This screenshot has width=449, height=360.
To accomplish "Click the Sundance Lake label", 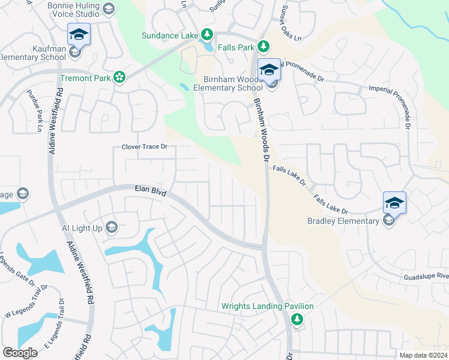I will click(169, 35).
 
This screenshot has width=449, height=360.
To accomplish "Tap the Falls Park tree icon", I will click(263, 46).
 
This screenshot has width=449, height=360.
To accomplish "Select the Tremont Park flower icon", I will click(119, 77).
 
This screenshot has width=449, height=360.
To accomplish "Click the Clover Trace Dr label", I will click(144, 146).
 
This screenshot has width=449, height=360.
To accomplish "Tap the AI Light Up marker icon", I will click(111, 227).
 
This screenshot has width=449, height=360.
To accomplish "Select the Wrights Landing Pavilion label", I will click(268, 306).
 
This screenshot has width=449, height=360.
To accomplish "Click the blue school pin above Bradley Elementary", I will click(395, 203).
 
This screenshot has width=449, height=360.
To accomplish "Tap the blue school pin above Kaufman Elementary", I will click(79, 34).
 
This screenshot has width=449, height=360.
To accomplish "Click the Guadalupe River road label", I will click(426, 275).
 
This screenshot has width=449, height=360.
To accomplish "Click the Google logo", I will click(20, 353).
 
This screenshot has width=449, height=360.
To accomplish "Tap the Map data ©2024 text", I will click(423, 355).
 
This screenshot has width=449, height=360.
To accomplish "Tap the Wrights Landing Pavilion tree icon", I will click(295, 319).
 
